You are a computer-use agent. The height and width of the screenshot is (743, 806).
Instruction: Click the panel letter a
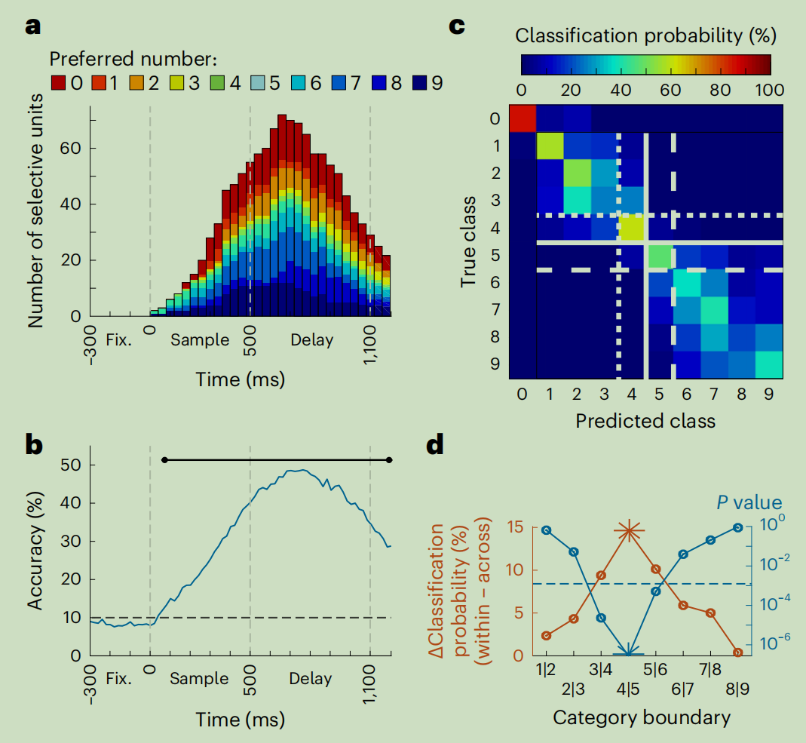[x=32, y=27]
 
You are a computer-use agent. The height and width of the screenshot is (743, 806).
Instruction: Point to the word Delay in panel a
[x=311, y=339]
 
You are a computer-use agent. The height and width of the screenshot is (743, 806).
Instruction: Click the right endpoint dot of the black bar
[x=389, y=459]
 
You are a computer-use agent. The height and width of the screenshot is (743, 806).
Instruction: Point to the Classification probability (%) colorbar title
[x=645, y=35]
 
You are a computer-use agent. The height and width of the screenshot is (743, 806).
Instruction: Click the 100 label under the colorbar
[x=768, y=90]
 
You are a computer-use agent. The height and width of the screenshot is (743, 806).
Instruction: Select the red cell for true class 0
[x=523, y=118]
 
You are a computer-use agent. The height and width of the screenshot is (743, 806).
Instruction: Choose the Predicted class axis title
[x=645, y=419]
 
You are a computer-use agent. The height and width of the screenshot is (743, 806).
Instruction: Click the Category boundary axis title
[x=642, y=717]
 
